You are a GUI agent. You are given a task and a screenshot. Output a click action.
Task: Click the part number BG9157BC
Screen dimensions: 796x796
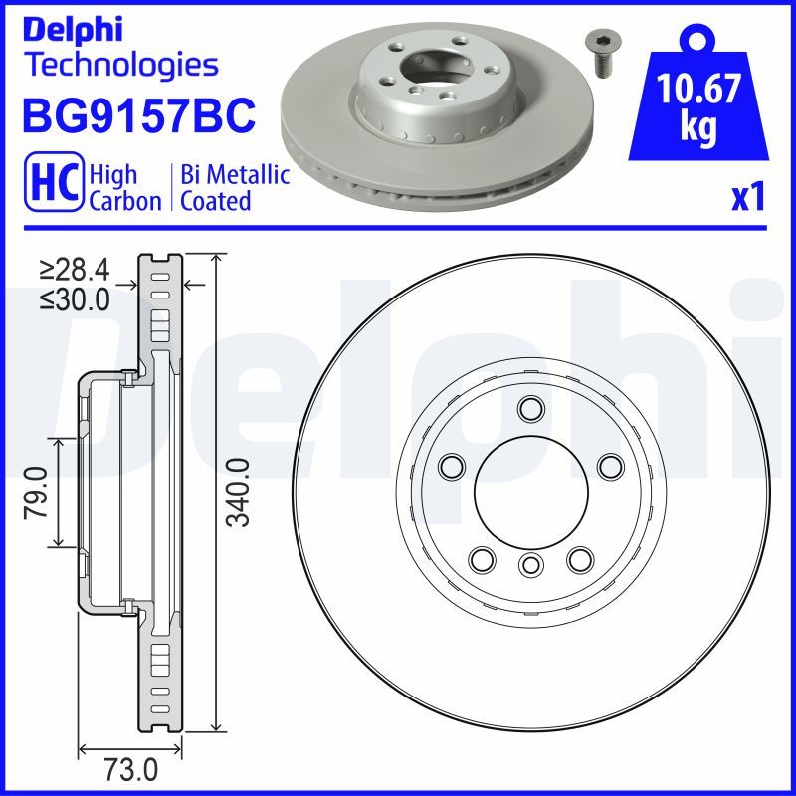(138, 115)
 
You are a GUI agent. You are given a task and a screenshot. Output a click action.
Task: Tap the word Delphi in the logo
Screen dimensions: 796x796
(73, 30)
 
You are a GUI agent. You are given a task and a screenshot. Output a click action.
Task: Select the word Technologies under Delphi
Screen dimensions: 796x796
(121, 65)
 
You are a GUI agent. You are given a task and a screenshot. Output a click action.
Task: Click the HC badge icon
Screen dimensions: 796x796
(54, 181)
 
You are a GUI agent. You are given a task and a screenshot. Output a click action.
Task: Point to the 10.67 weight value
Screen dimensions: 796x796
(698, 88)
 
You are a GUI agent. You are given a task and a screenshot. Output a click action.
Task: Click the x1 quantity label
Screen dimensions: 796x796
(748, 197)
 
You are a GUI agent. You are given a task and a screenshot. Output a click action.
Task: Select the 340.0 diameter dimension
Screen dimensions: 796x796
(238, 493)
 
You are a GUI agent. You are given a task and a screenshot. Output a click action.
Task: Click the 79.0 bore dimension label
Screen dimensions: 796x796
(36, 494)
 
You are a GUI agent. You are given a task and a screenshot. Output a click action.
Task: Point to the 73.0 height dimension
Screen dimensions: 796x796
(130, 770)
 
